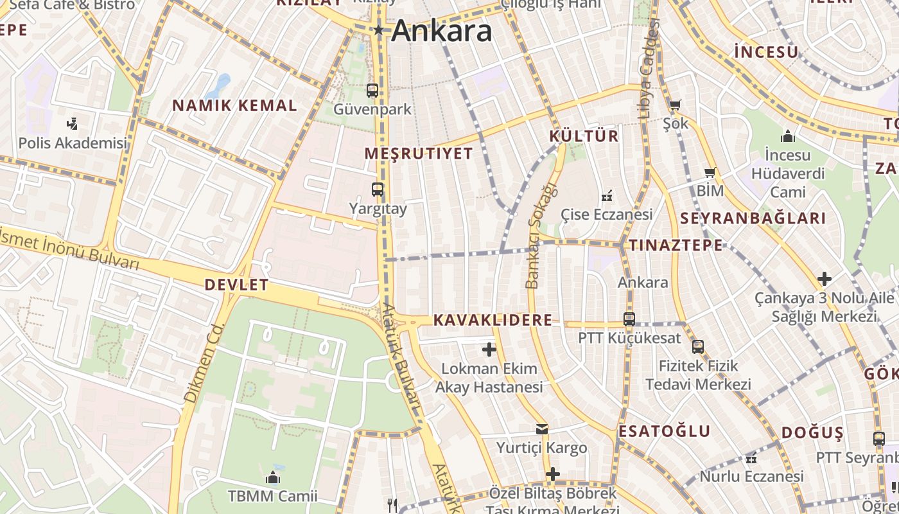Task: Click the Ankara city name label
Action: (x=442, y=31)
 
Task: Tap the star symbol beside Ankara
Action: (x=379, y=30)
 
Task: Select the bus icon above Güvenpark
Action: (x=372, y=91)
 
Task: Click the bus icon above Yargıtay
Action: (x=378, y=190)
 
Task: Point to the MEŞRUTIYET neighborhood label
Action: (x=419, y=154)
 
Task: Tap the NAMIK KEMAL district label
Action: (x=234, y=105)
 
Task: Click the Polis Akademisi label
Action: (x=73, y=143)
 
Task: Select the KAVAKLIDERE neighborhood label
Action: (x=493, y=320)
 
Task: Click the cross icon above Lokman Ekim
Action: (x=489, y=350)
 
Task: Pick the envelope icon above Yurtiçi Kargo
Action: (x=542, y=429)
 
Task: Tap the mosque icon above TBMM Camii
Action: (x=273, y=478)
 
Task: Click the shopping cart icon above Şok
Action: (x=675, y=105)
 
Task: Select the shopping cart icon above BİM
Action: (x=710, y=172)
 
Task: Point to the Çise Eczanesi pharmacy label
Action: (x=606, y=214)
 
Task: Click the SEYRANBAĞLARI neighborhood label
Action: (x=753, y=218)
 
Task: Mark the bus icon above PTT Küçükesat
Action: (x=629, y=319)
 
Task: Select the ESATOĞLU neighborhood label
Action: (x=665, y=430)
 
